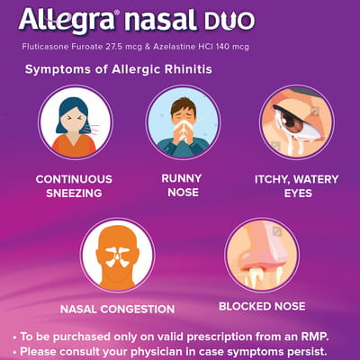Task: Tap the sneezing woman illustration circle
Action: click(75, 122)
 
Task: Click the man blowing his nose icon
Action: click(183, 122)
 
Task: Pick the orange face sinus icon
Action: click(117, 255)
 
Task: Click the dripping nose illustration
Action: click(261, 255)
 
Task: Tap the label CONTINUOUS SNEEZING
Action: click(75, 186)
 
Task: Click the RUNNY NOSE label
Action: click(182, 185)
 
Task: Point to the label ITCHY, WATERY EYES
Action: click(296, 186)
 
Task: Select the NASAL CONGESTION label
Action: click(117, 310)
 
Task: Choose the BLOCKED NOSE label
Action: click(262, 306)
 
